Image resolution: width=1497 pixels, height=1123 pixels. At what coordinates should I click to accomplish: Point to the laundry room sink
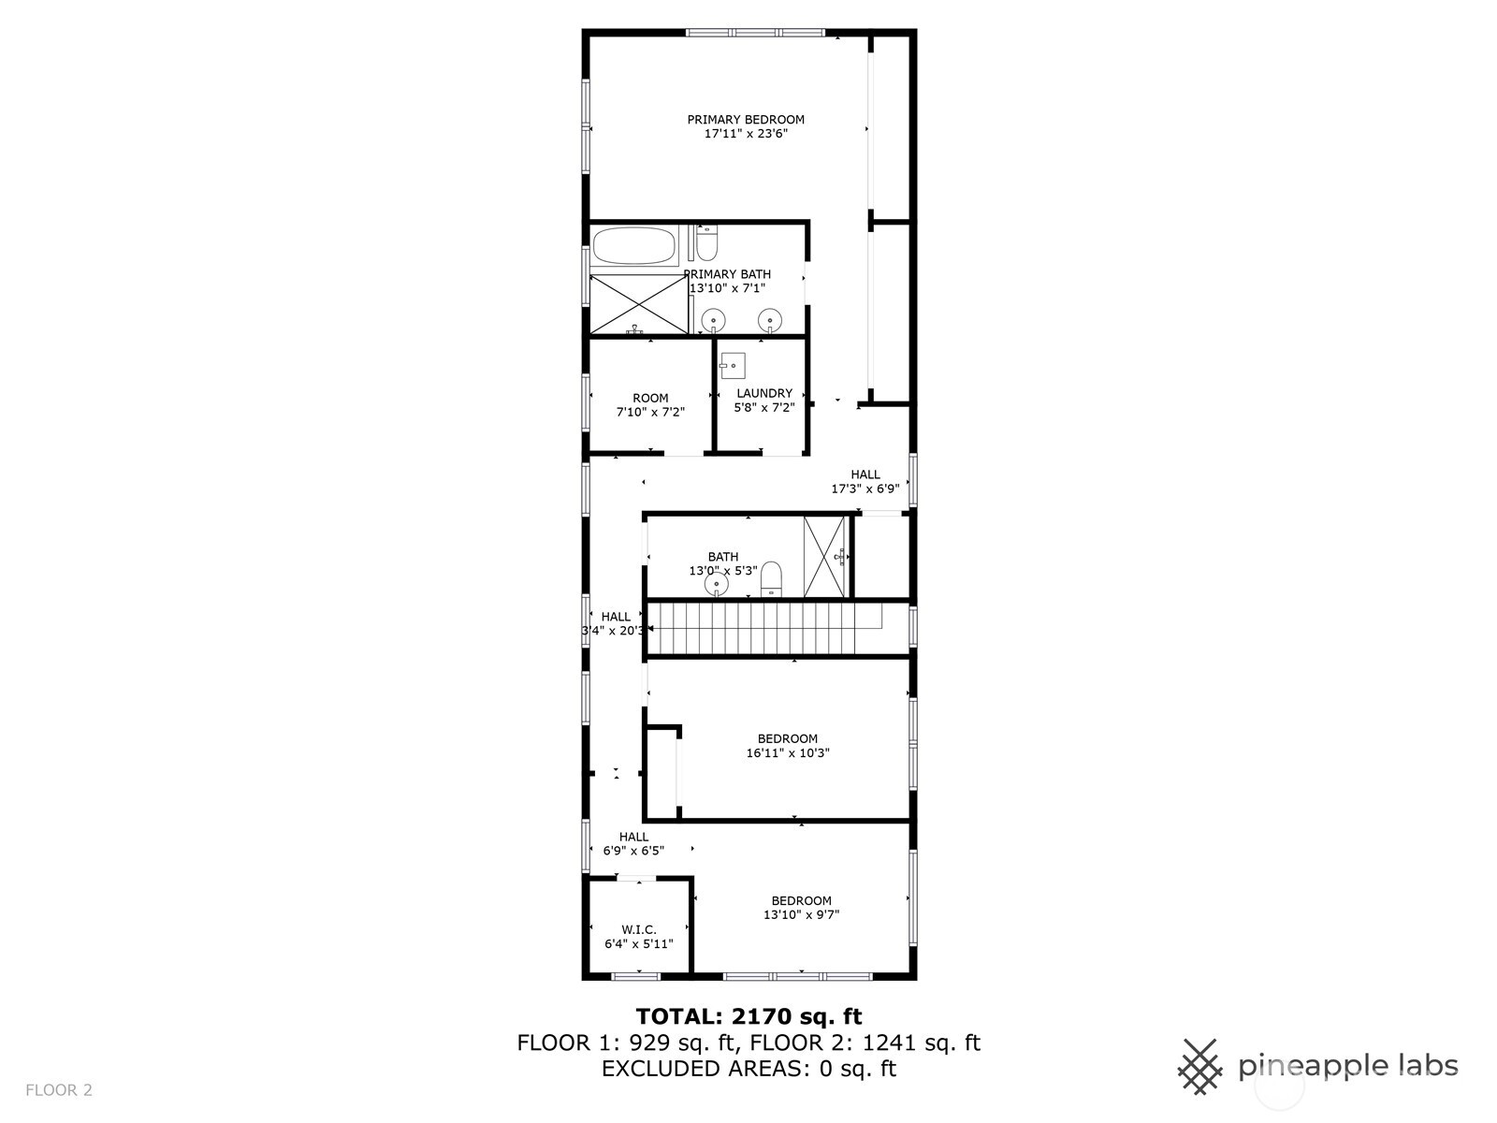pos(733,366)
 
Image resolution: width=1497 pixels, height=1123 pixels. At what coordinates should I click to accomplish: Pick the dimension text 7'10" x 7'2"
pos(650,412)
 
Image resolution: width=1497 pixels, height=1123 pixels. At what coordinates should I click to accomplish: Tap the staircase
pos(763,628)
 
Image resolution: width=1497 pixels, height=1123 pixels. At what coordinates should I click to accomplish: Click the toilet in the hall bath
pos(771,579)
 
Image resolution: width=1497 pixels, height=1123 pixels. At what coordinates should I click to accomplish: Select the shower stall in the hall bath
pos(826,557)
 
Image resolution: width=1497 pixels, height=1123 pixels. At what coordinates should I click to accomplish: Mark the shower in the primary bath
pos(639,305)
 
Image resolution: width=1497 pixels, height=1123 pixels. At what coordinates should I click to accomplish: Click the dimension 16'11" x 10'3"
pos(788,752)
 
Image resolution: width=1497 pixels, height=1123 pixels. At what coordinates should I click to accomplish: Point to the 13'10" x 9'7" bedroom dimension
pos(801,914)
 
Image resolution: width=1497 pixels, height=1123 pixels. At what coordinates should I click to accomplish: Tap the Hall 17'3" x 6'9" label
pos(865,481)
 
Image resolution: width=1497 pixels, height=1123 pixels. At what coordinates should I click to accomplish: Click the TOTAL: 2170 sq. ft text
pos(748,1016)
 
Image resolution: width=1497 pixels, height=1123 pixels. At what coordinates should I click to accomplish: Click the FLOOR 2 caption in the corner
pos(59,1090)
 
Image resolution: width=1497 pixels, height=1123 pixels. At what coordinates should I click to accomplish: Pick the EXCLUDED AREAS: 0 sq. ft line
pos(748,1069)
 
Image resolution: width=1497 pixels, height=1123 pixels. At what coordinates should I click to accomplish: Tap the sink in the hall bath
pos(716,584)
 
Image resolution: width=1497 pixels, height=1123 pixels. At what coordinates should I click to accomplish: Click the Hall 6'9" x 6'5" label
pos(633,843)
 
